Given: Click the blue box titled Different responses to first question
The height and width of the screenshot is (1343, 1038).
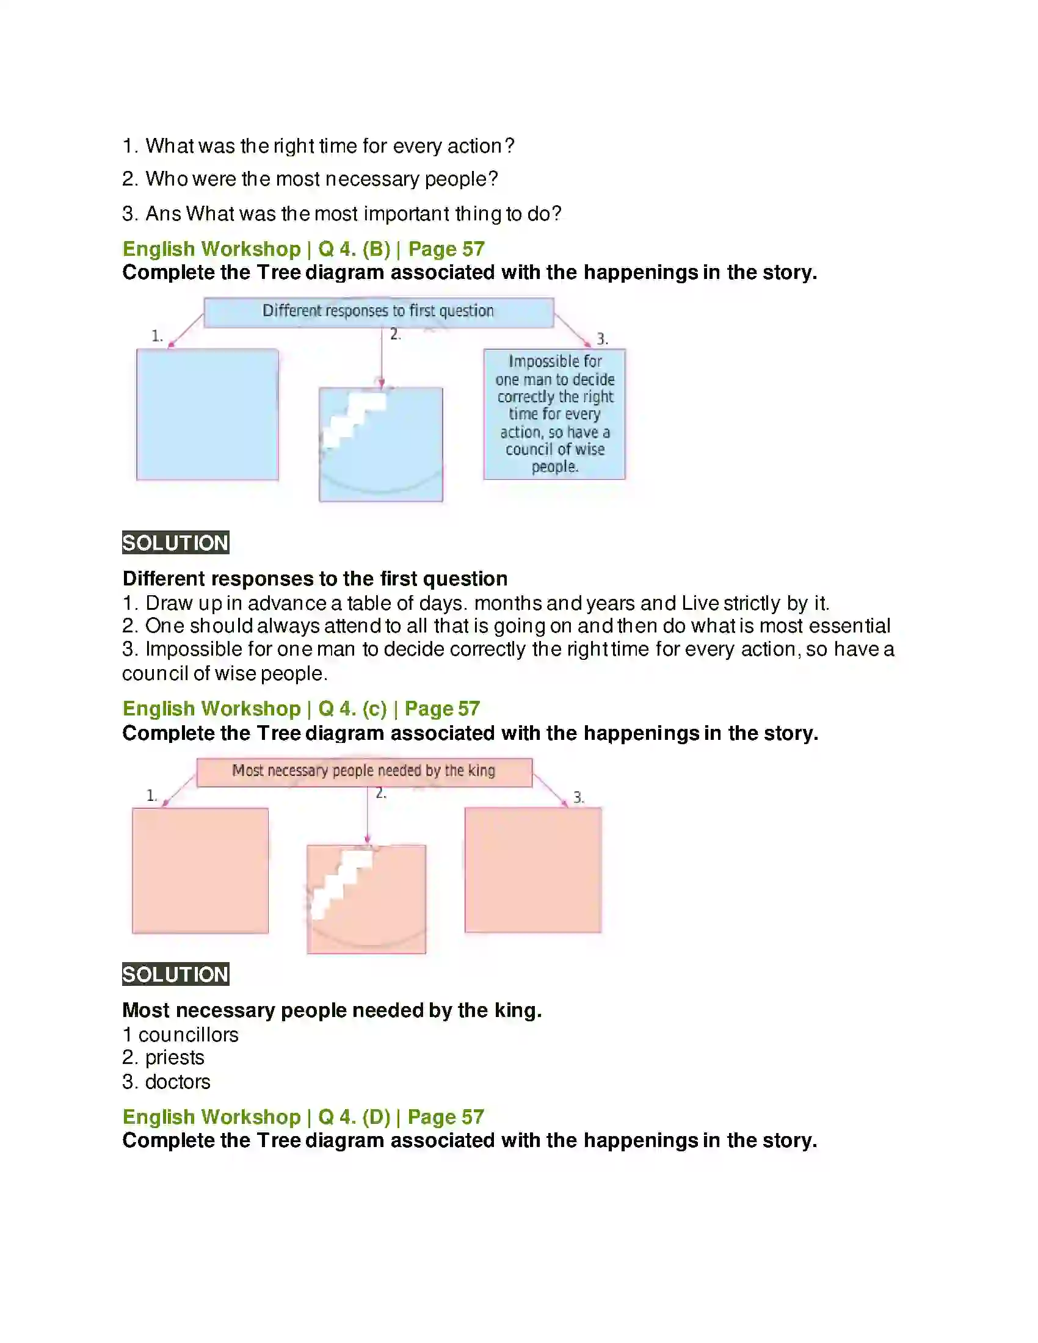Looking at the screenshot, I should click(x=378, y=312).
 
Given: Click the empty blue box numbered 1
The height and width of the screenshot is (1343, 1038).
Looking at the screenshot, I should click(x=207, y=414).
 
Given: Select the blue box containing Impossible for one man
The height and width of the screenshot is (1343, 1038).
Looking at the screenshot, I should click(x=554, y=414).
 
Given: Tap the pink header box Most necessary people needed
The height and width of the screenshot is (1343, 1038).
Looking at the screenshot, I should click(x=364, y=772).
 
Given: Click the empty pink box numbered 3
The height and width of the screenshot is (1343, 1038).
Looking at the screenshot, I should click(x=532, y=869).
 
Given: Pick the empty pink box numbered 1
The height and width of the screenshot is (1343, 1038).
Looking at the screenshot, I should click(x=200, y=870).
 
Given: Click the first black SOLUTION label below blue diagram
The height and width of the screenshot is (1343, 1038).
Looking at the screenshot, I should click(x=175, y=543).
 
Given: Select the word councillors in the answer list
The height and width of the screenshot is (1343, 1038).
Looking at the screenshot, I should click(x=188, y=1035).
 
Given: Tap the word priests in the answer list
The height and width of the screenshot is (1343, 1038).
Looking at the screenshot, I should click(x=175, y=1058).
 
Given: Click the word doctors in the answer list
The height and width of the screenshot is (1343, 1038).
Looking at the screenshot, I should click(x=178, y=1082).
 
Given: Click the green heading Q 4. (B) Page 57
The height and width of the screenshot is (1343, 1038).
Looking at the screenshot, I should click(x=303, y=249).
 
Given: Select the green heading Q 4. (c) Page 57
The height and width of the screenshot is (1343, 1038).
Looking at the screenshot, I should click(x=300, y=708).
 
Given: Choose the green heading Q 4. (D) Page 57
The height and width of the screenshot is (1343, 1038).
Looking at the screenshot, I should click(x=303, y=1117).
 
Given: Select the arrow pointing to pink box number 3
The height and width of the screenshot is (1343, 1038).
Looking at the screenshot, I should click(x=550, y=790).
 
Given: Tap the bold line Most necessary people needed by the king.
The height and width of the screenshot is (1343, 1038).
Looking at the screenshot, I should click(x=332, y=1010).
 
